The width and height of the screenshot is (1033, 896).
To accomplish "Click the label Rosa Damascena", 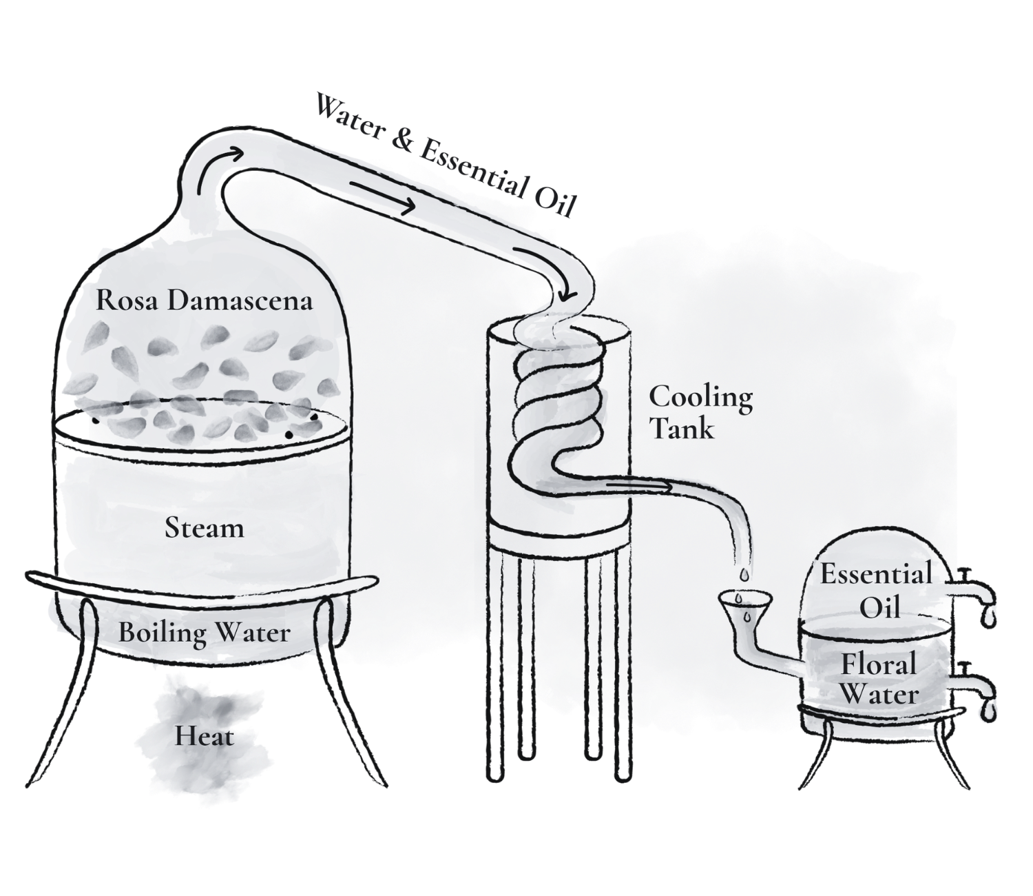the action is click(204, 301).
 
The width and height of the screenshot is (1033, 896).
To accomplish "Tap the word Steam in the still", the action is click(205, 528).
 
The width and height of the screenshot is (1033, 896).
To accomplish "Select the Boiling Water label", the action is click(205, 633).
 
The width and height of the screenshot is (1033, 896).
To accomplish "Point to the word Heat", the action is click(205, 736).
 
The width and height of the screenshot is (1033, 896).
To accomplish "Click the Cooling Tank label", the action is click(700, 412).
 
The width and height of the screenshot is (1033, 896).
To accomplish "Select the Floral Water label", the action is click(879, 680).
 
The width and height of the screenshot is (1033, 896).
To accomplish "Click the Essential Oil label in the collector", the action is click(876, 591).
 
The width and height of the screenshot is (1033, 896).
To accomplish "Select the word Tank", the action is click(682, 429).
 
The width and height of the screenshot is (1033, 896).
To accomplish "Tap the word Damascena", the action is click(240, 301).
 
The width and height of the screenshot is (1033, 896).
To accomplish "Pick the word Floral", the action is click(879, 664).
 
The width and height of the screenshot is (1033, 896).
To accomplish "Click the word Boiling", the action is click(162, 633).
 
